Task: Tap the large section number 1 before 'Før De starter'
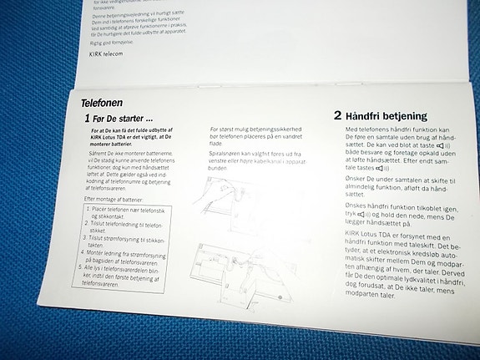[x=86, y=120]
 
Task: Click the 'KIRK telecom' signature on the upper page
[x=106, y=53]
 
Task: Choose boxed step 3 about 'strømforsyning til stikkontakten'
[x=128, y=240]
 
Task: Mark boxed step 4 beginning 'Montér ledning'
[x=128, y=254]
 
